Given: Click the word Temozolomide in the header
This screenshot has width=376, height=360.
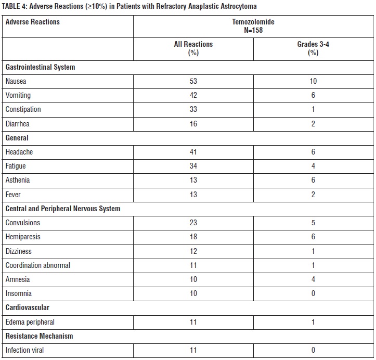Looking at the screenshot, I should (x=253, y=22).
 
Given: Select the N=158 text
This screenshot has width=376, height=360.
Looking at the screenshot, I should (x=253, y=30).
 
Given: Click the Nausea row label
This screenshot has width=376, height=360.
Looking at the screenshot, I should (x=16, y=81).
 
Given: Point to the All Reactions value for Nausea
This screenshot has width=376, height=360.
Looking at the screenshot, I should (x=193, y=81).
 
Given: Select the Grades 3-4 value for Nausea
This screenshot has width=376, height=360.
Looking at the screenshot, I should (x=313, y=81).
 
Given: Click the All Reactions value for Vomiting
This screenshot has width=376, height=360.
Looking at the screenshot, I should (x=193, y=95).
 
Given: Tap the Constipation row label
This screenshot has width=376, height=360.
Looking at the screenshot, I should (x=23, y=109).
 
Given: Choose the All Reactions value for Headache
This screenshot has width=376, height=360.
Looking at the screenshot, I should (x=193, y=152).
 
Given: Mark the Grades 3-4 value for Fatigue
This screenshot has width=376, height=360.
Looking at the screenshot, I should (x=313, y=166).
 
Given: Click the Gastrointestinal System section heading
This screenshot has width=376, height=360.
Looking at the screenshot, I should (x=40, y=67).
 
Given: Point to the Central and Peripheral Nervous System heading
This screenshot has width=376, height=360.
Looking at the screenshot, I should (x=62, y=209).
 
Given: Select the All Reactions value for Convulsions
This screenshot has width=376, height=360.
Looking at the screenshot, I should (x=193, y=223).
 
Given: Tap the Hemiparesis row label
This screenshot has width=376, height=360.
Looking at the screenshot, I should (x=23, y=237).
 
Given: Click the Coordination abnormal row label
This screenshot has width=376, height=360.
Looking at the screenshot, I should (x=37, y=265).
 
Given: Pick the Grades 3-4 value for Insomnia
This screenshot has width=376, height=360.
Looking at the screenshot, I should (x=313, y=293).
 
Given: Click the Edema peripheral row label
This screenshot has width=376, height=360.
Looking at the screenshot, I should (x=30, y=322).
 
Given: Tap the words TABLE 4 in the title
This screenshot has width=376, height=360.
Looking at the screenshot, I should (x=15, y=6).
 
